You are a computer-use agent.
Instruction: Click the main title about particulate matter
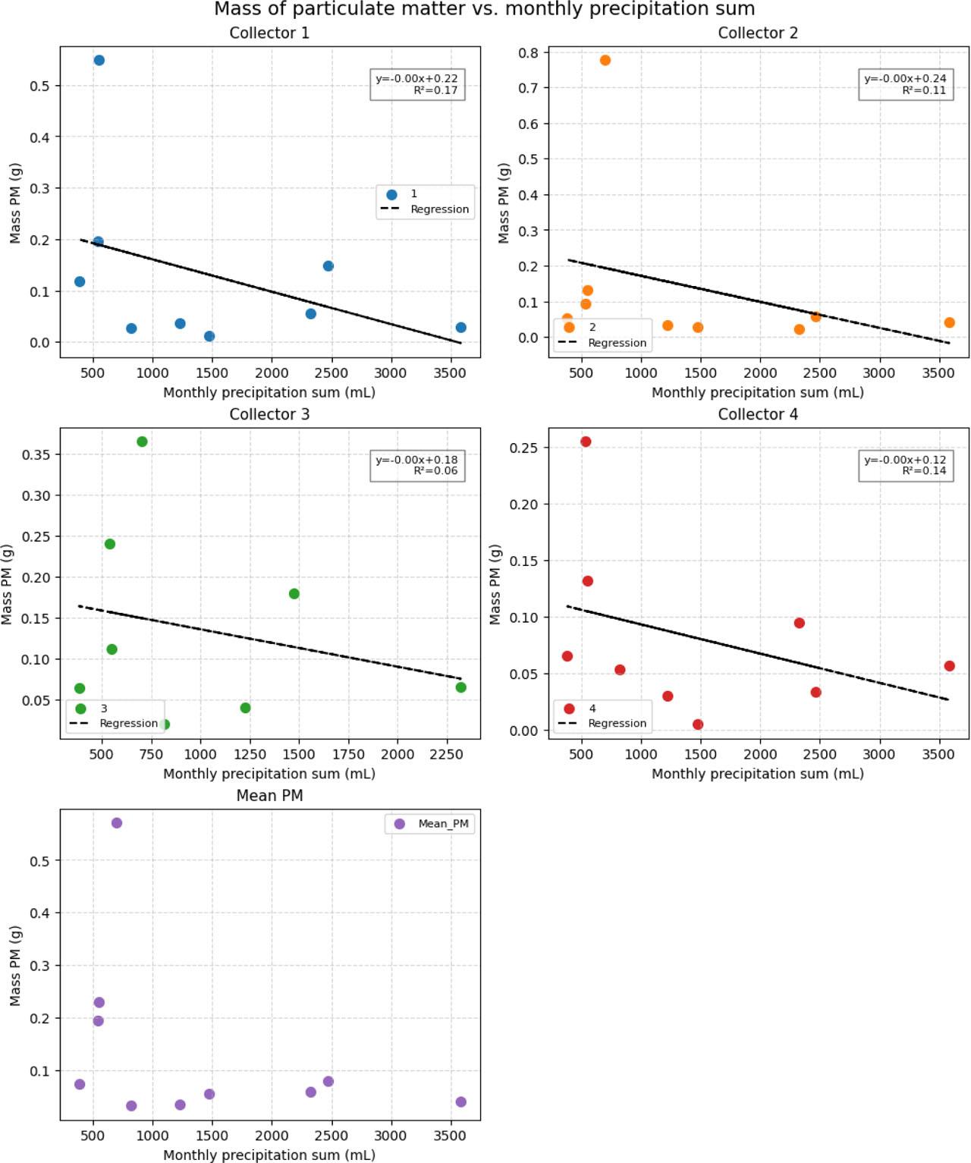click(484, 9)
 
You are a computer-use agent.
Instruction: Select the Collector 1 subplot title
click(269, 33)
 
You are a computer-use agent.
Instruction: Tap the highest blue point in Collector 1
click(99, 61)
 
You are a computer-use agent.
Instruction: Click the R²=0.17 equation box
click(416, 84)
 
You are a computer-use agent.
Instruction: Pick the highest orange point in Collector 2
click(605, 61)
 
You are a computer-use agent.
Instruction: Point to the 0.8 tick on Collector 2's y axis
click(529, 53)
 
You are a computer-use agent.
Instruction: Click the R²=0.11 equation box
click(905, 84)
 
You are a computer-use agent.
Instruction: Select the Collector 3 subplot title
click(269, 414)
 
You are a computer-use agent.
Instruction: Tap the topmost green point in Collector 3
click(142, 442)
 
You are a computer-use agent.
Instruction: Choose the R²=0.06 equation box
click(416, 465)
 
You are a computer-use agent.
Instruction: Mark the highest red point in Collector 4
click(586, 442)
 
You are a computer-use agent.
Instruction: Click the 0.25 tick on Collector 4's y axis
click(523, 448)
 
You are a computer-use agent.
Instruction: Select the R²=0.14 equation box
click(905, 465)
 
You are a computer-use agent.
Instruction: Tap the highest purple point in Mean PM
click(117, 823)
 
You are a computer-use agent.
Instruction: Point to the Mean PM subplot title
click(269, 796)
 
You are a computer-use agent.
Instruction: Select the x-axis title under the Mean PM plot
click(269, 1155)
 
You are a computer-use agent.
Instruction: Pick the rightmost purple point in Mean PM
click(461, 1102)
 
